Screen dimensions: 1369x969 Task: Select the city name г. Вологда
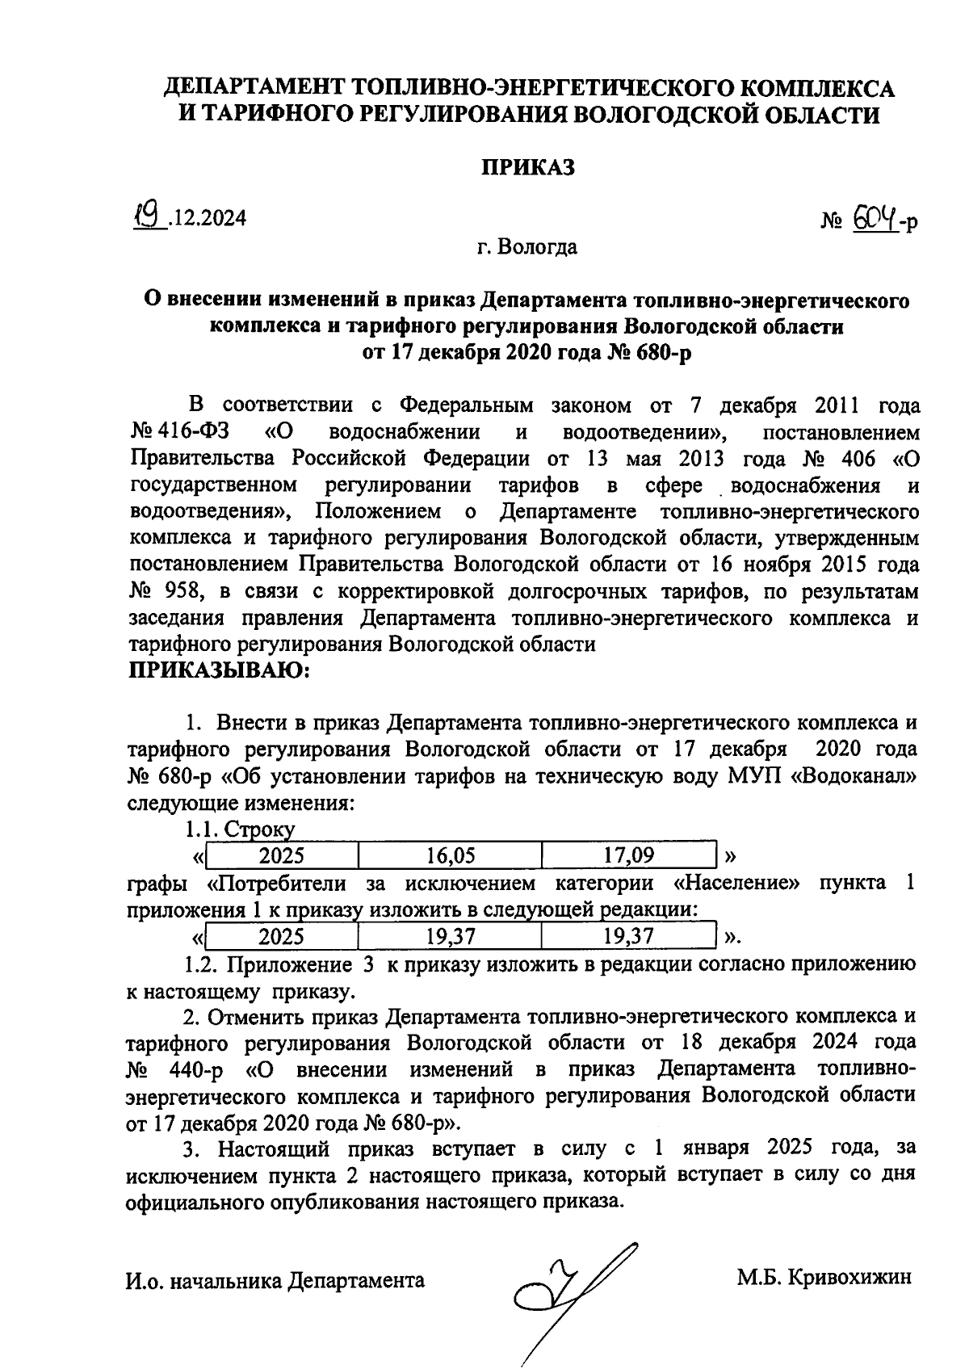526,246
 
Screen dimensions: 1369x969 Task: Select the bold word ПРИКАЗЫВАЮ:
219,670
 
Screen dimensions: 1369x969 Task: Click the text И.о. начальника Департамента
275,1280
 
